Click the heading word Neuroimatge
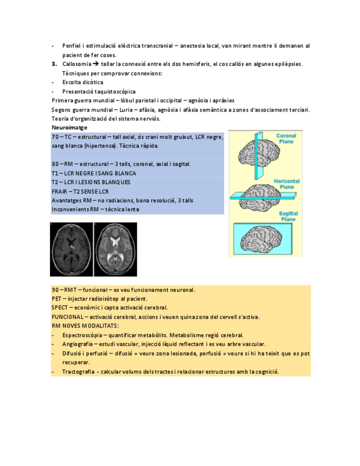pyautogui.click(x=65, y=127)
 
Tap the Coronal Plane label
pyautogui.click(x=286, y=138)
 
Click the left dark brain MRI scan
pyautogui.click(x=71, y=249)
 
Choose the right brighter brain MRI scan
pyautogui.click(x=115, y=249)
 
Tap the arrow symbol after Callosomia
pyautogui.click(x=96, y=64)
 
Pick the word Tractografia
pyautogui.click(x=77, y=371)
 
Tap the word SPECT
pyautogui.click(x=59, y=308)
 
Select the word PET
pyautogui.click(x=56, y=299)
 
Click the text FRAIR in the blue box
pyautogui.click(x=59, y=191)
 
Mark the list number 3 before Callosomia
pyautogui.click(x=54, y=64)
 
